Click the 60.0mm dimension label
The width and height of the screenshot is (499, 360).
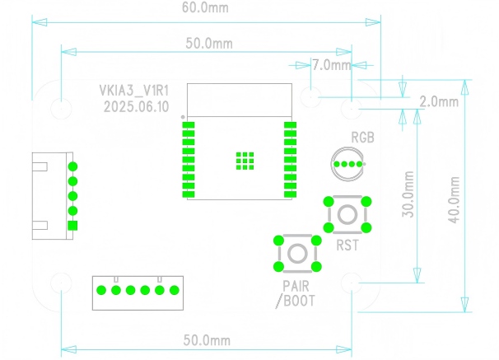[206, 8]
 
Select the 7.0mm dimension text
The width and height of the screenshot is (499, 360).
[332, 64]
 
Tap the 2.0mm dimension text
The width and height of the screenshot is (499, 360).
[438, 102]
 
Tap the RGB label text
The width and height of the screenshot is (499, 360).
[363, 138]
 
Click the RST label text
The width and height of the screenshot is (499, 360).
[347, 244]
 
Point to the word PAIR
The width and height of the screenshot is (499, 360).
[296, 286]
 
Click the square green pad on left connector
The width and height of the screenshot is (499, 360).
[72, 226]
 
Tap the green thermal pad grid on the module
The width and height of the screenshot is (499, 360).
[243, 161]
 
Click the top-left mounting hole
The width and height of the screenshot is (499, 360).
[62, 108]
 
